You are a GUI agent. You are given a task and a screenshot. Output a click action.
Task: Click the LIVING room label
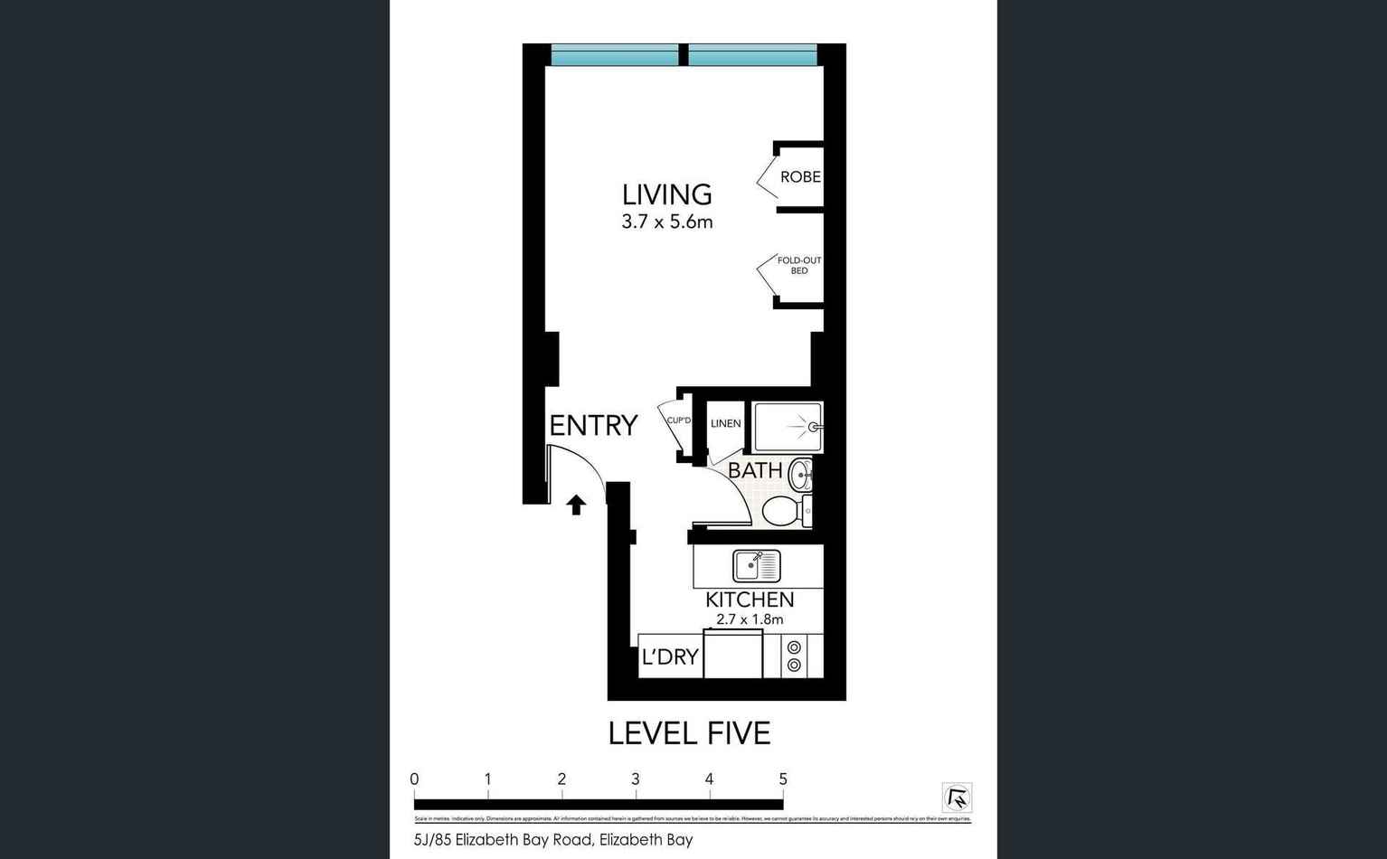click(666, 194)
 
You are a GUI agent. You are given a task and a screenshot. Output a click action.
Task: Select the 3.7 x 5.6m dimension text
click(666, 222)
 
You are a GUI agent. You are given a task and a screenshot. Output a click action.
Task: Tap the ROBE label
click(800, 177)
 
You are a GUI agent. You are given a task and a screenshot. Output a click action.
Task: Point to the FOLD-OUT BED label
click(799, 265)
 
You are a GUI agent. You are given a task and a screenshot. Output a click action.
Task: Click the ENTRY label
click(593, 425)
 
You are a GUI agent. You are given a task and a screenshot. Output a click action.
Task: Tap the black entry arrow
click(576, 505)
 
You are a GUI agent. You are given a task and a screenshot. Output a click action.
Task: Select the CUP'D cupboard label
click(678, 420)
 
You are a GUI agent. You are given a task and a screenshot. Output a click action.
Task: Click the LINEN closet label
click(725, 423)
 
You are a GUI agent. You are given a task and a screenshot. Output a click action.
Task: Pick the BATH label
click(755, 470)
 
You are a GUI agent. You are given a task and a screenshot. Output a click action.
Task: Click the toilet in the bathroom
click(784, 511)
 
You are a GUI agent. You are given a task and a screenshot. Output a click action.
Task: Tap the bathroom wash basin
click(800, 474)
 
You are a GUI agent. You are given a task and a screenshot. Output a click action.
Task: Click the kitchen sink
click(756, 566)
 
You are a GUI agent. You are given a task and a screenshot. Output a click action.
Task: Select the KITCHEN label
click(750, 599)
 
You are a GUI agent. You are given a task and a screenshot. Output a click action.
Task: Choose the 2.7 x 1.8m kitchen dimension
click(750, 619)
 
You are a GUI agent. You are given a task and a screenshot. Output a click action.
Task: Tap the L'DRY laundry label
click(670, 657)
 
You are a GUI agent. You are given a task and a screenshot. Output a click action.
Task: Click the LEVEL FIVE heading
click(689, 733)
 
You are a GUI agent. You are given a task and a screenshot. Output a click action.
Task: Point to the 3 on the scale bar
click(636, 779)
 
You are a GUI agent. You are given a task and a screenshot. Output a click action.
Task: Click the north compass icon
click(957, 798)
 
